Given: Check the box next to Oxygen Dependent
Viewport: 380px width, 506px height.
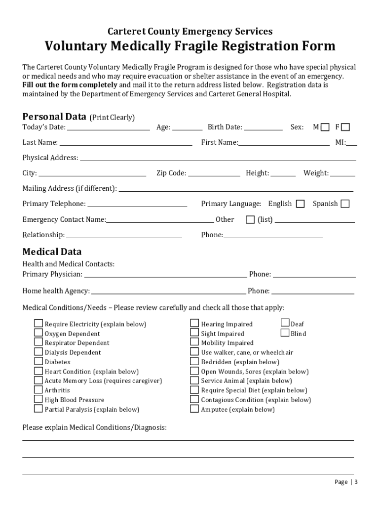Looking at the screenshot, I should point(38,333).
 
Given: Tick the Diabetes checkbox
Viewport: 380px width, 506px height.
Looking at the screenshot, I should point(38,361).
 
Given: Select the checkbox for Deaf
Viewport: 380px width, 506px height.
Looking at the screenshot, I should point(285,323).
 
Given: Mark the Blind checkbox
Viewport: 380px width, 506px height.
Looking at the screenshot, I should point(285,333).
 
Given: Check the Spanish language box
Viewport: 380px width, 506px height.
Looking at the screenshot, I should point(345,204).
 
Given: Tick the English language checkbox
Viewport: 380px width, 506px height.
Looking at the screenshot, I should point(300,204).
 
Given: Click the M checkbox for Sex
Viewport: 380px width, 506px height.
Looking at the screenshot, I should point(325,127).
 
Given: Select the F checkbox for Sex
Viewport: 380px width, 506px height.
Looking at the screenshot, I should point(345,127).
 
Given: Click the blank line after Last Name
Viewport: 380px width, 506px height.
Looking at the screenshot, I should point(126,143).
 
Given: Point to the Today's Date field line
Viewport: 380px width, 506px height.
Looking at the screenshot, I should point(109,128).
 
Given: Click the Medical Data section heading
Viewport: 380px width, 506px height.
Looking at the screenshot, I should point(52,252).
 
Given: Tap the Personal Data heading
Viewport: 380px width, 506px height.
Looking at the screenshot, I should point(54,117).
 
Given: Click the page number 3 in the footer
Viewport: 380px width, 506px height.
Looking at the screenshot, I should point(356,482).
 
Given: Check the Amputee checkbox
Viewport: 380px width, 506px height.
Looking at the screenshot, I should point(194,409).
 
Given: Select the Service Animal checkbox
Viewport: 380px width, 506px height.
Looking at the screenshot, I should point(194,380).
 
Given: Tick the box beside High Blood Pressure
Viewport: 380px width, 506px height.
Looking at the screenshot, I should point(38,399).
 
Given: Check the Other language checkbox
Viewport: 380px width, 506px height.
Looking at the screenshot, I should point(250,219).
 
